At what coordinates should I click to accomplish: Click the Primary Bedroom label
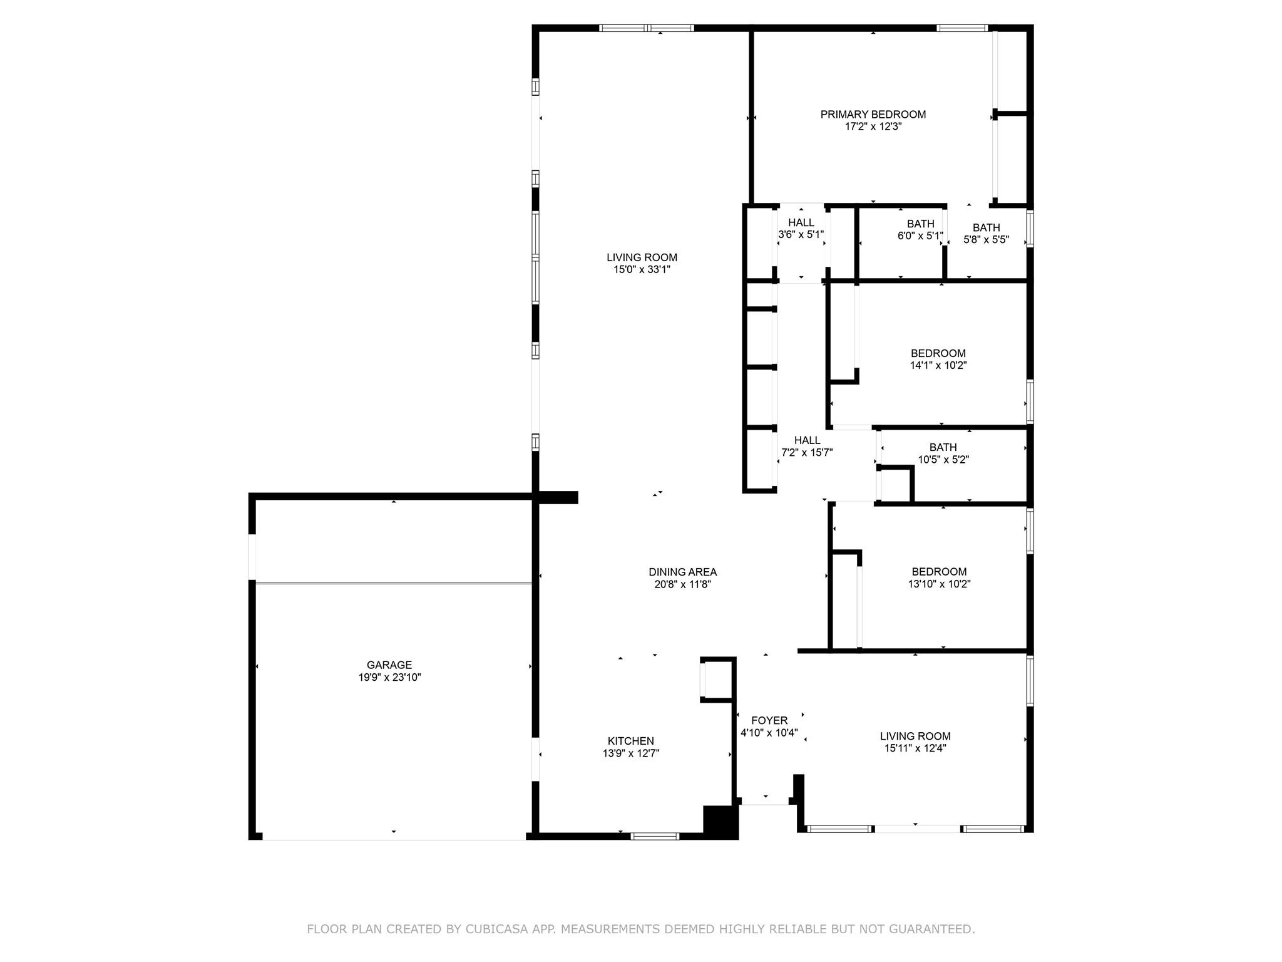click(x=873, y=115)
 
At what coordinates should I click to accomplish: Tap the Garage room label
click(x=389, y=665)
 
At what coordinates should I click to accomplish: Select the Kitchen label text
click(x=631, y=742)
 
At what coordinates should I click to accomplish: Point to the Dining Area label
click(x=682, y=572)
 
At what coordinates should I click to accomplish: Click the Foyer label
click(x=769, y=721)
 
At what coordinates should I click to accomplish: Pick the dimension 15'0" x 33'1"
click(x=642, y=270)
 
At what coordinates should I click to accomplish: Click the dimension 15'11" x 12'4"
click(x=915, y=748)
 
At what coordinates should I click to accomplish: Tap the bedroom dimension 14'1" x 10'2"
click(x=938, y=366)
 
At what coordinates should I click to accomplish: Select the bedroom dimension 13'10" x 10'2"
click(x=939, y=584)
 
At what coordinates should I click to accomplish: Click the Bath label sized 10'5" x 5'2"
click(x=943, y=447)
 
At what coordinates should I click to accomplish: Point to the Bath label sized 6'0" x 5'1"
click(x=920, y=224)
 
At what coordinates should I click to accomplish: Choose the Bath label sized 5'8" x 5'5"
click(x=986, y=228)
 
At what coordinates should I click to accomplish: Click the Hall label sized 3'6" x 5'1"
click(x=801, y=223)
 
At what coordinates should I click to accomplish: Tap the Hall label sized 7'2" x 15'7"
click(x=807, y=440)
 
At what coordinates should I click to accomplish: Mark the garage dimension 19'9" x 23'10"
click(x=389, y=678)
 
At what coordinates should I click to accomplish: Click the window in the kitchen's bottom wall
click(x=655, y=835)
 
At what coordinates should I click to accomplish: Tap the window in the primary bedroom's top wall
click(x=962, y=28)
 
